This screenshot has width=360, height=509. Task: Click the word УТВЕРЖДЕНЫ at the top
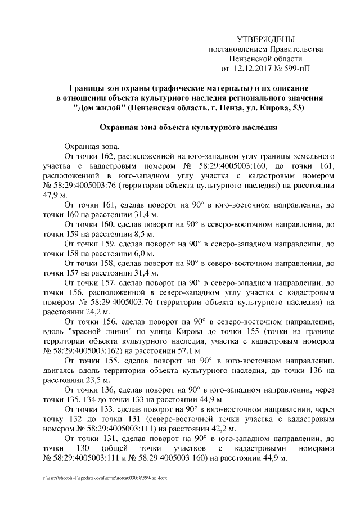(265, 39)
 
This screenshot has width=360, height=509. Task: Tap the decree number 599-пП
(297, 68)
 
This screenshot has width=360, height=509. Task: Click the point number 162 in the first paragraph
(108, 155)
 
